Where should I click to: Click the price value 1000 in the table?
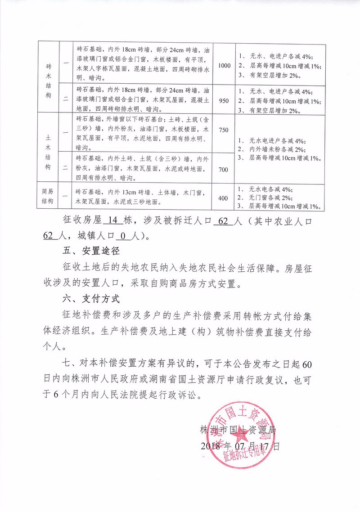pos(224,66)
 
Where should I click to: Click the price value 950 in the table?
pos(224,100)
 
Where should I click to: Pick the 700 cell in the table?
pos(224,170)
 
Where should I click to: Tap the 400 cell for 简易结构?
pos(224,198)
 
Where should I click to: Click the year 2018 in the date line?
pos(210,446)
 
